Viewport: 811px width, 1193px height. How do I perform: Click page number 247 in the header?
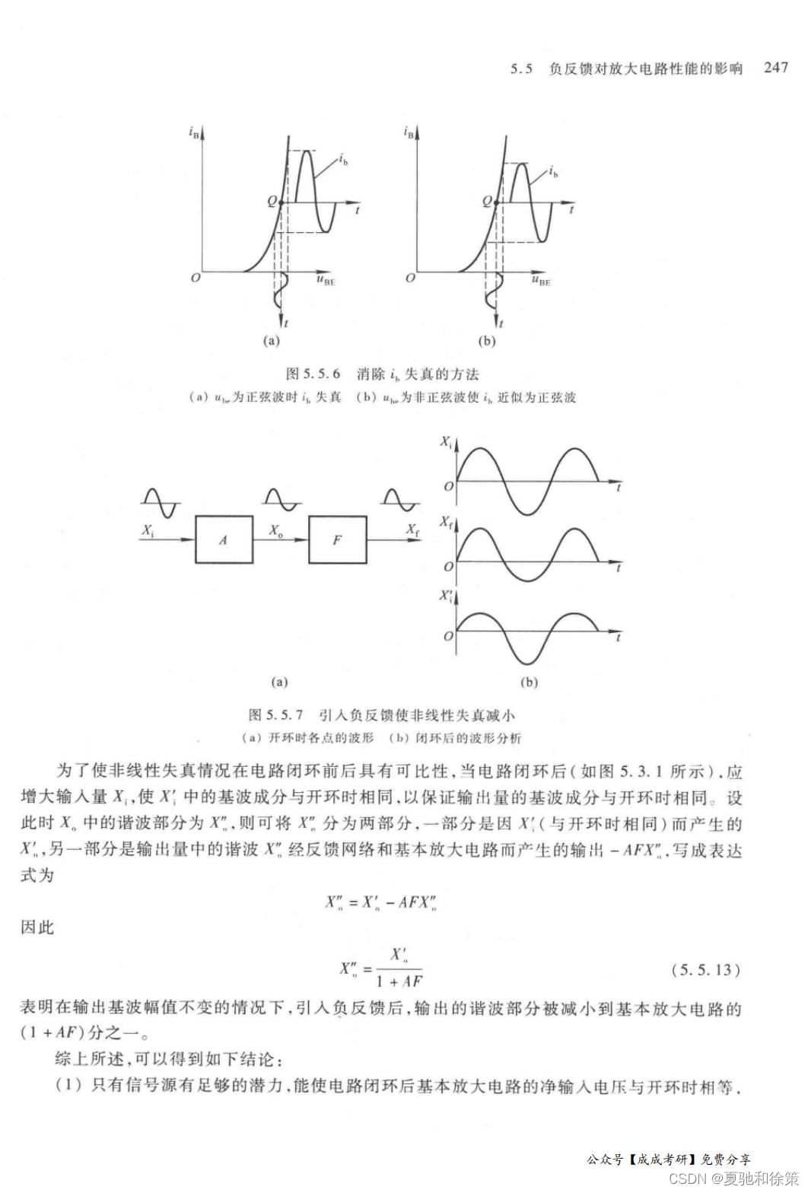tap(775, 68)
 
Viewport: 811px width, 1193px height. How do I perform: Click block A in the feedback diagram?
tap(224, 539)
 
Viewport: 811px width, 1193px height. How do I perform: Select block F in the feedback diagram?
tap(337, 539)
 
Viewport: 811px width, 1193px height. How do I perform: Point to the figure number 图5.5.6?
tap(312, 374)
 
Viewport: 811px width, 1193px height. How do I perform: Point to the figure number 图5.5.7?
tap(275, 715)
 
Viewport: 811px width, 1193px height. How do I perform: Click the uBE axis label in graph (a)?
tap(326, 280)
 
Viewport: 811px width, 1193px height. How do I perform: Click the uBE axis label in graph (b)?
tap(541, 280)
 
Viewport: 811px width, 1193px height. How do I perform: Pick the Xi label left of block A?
tap(148, 530)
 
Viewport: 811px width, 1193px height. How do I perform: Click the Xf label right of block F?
tap(412, 530)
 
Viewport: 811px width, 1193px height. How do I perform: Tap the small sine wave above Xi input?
tap(161, 502)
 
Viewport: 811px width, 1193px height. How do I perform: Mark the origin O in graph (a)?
tap(196, 278)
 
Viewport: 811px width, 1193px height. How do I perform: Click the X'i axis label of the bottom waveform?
tap(446, 596)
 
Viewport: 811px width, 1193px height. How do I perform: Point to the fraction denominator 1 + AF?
tap(399, 981)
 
